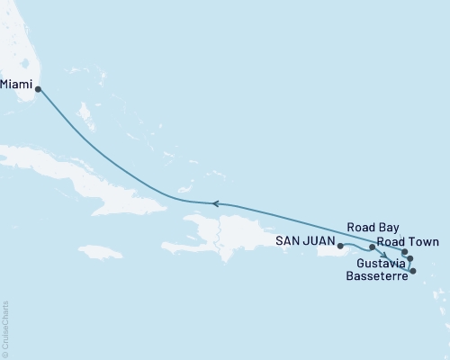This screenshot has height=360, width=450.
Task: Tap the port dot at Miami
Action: click(x=38, y=88)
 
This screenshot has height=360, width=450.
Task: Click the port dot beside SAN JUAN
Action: click(x=340, y=245)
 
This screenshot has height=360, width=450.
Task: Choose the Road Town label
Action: click(x=408, y=242)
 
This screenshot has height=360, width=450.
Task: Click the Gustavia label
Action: click(x=379, y=262)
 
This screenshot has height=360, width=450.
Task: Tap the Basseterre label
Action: click(x=374, y=276)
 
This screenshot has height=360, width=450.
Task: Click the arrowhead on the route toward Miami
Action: click(x=214, y=203)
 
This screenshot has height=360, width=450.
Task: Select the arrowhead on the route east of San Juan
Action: click(x=384, y=255)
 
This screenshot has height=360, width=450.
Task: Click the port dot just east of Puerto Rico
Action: click(x=372, y=246)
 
